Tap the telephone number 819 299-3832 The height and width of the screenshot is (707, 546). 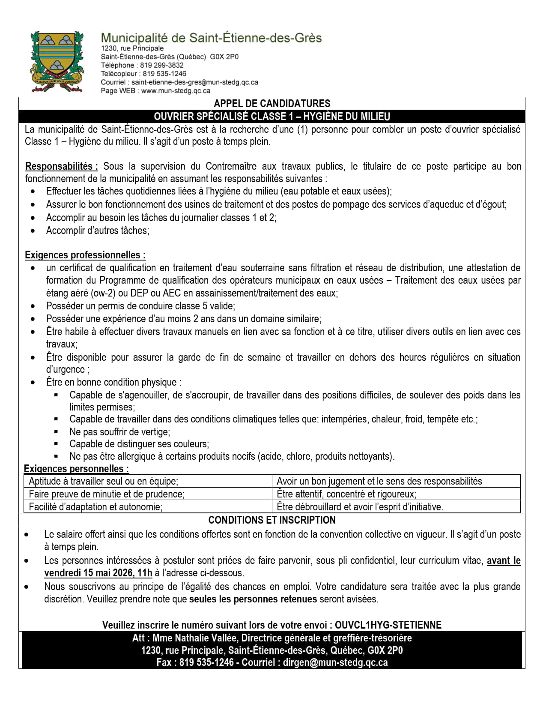point(162,65)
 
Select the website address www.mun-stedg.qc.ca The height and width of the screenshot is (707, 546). point(176,90)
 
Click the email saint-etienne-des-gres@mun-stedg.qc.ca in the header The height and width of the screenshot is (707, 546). point(194,82)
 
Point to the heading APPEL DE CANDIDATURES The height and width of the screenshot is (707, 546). point(272,103)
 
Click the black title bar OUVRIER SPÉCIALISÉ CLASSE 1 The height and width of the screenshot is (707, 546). point(272,116)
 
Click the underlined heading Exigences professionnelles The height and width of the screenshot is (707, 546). point(85,255)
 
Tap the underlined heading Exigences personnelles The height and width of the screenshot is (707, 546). point(76,469)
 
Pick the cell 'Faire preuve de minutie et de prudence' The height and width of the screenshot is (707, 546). point(107,494)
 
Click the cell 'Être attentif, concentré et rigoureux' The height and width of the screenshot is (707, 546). point(346,494)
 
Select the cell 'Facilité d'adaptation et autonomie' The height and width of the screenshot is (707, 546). point(95,507)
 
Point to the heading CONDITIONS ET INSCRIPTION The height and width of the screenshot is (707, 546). point(272,520)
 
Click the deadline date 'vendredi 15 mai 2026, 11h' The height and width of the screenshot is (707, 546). point(98,573)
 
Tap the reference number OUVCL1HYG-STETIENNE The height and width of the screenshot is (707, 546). point(388,625)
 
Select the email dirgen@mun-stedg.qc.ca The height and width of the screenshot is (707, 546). point(335,662)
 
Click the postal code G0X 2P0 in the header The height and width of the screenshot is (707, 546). point(224,57)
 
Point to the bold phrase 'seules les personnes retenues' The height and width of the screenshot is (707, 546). point(253,599)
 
